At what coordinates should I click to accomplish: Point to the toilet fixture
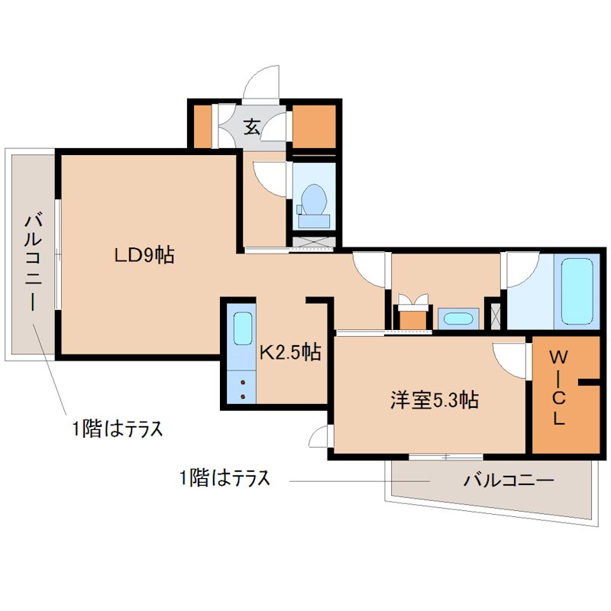pos(313,205)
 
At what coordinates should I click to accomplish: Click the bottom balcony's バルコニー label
pos(508,481)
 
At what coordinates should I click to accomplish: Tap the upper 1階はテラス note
pos(118,429)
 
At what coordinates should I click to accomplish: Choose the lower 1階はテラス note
pos(225,480)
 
